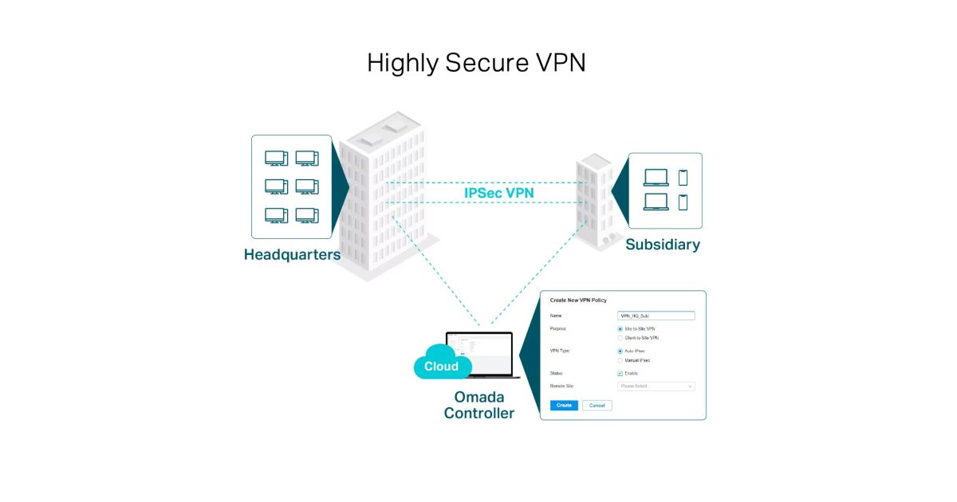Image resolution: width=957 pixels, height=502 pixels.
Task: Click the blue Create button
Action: pyautogui.click(x=564, y=406)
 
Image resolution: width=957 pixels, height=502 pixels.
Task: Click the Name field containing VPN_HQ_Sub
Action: pyautogui.click(x=656, y=316)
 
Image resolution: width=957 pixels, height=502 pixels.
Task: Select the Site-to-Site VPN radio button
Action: pyautogui.click(x=620, y=329)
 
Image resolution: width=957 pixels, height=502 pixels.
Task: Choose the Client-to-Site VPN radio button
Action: pyautogui.click(x=620, y=338)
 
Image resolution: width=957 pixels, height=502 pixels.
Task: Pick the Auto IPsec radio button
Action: pyautogui.click(x=620, y=351)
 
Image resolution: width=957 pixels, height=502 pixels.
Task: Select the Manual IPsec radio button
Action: pyautogui.click(x=620, y=360)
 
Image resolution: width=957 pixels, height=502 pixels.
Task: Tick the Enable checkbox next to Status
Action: pyautogui.click(x=620, y=373)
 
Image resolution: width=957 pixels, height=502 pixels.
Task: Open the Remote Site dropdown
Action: pyautogui.click(x=656, y=386)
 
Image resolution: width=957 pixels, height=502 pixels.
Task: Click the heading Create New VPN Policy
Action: pyautogui.click(x=578, y=300)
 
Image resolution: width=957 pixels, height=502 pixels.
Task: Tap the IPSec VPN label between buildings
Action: pyautogui.click(x=499, y=193)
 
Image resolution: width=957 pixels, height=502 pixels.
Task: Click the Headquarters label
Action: pyautogui.click(x=292, y=255)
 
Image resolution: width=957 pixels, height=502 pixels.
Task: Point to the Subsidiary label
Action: pyautogui.click(x=663, y=245)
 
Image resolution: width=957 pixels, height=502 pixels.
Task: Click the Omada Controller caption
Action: pyautogui.click(x=478, y=405)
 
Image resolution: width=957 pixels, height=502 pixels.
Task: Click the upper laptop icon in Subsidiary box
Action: pyautogui.click(x=656, y=178)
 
